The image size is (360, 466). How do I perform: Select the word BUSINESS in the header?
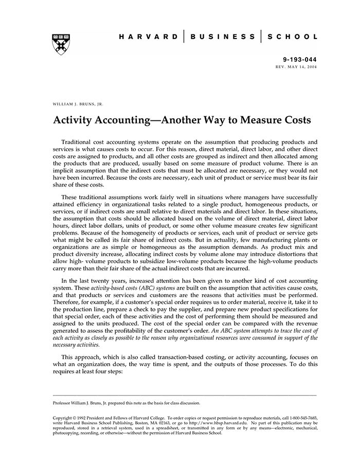pyautogui.click(x=222, y=37)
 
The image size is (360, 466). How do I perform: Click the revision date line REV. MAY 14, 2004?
pyautogui.click(x=297, y=67)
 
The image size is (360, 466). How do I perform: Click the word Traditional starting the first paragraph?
pyautogui.click(x=78, y=141)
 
